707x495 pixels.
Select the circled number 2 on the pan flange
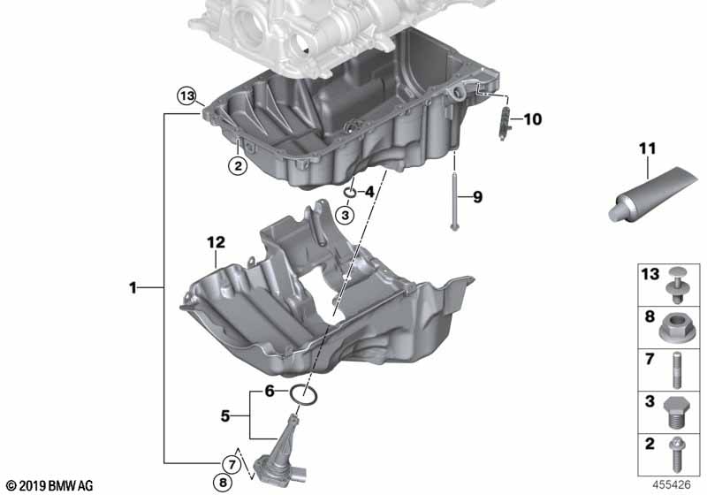[x=237, y=164]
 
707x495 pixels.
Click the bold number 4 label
[x=369, y=191]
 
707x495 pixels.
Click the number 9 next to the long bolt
[x=478, y=197]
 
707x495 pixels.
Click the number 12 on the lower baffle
[x=217, y=241]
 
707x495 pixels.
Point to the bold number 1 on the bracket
[x=133, y=287]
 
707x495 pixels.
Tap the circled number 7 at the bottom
[x=227, y=464]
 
